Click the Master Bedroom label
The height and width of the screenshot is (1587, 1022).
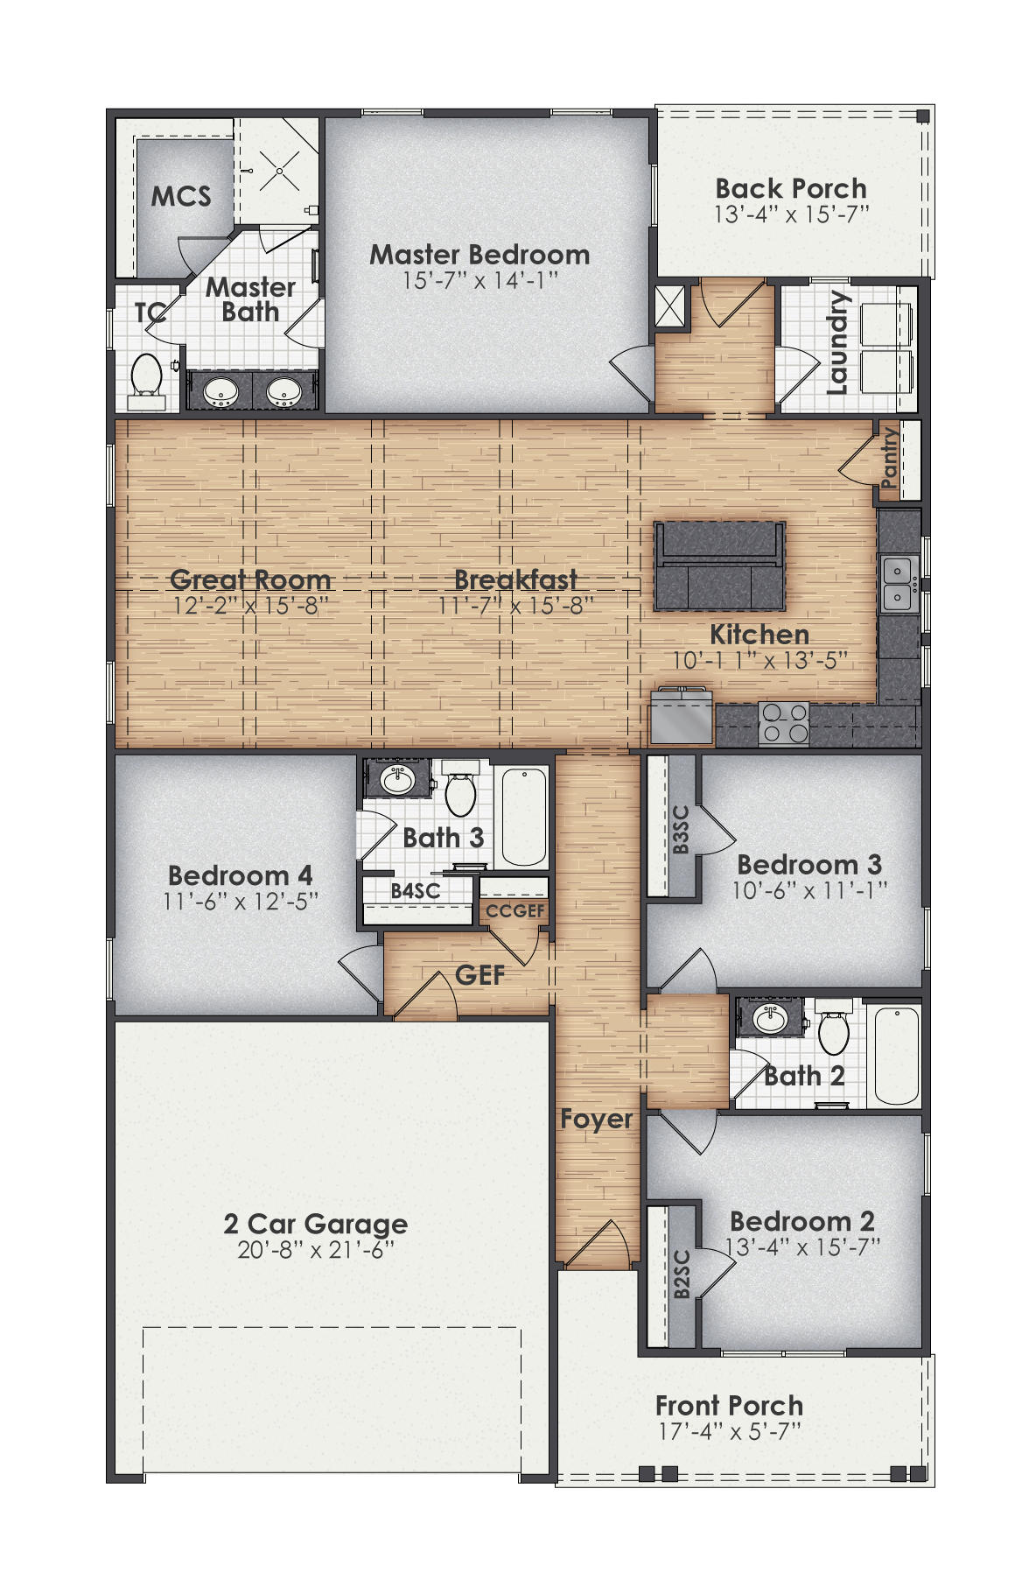(x=479, y=255)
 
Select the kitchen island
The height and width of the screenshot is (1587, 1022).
(x=719, y=565)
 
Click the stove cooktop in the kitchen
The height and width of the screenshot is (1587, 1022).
(x=784, y=723)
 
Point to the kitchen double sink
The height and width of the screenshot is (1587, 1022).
(x=899, y=583)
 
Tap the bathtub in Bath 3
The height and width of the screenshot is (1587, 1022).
(x=523, y=817)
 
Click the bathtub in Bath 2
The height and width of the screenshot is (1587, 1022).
(x=896, y=1056)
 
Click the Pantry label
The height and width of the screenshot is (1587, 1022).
(x=889, y=457)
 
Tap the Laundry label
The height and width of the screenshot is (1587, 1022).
(x=837, y=343)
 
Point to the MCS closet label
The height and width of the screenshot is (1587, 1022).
(x=181, y=196)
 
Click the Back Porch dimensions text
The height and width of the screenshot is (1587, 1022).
(x=791, y=214)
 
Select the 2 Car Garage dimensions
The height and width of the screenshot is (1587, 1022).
(x=316, y=1250)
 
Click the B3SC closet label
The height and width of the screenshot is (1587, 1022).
(x=681, y=829)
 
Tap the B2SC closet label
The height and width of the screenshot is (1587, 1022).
(x=682, y=1274)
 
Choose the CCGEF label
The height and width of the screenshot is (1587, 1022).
(x=515, y=910)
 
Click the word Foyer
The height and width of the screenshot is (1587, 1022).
(x=596, y=1119)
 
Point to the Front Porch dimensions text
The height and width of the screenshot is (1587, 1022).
(x=730, y=1432)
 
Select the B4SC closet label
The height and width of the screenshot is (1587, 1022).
(x=416, y=891)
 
